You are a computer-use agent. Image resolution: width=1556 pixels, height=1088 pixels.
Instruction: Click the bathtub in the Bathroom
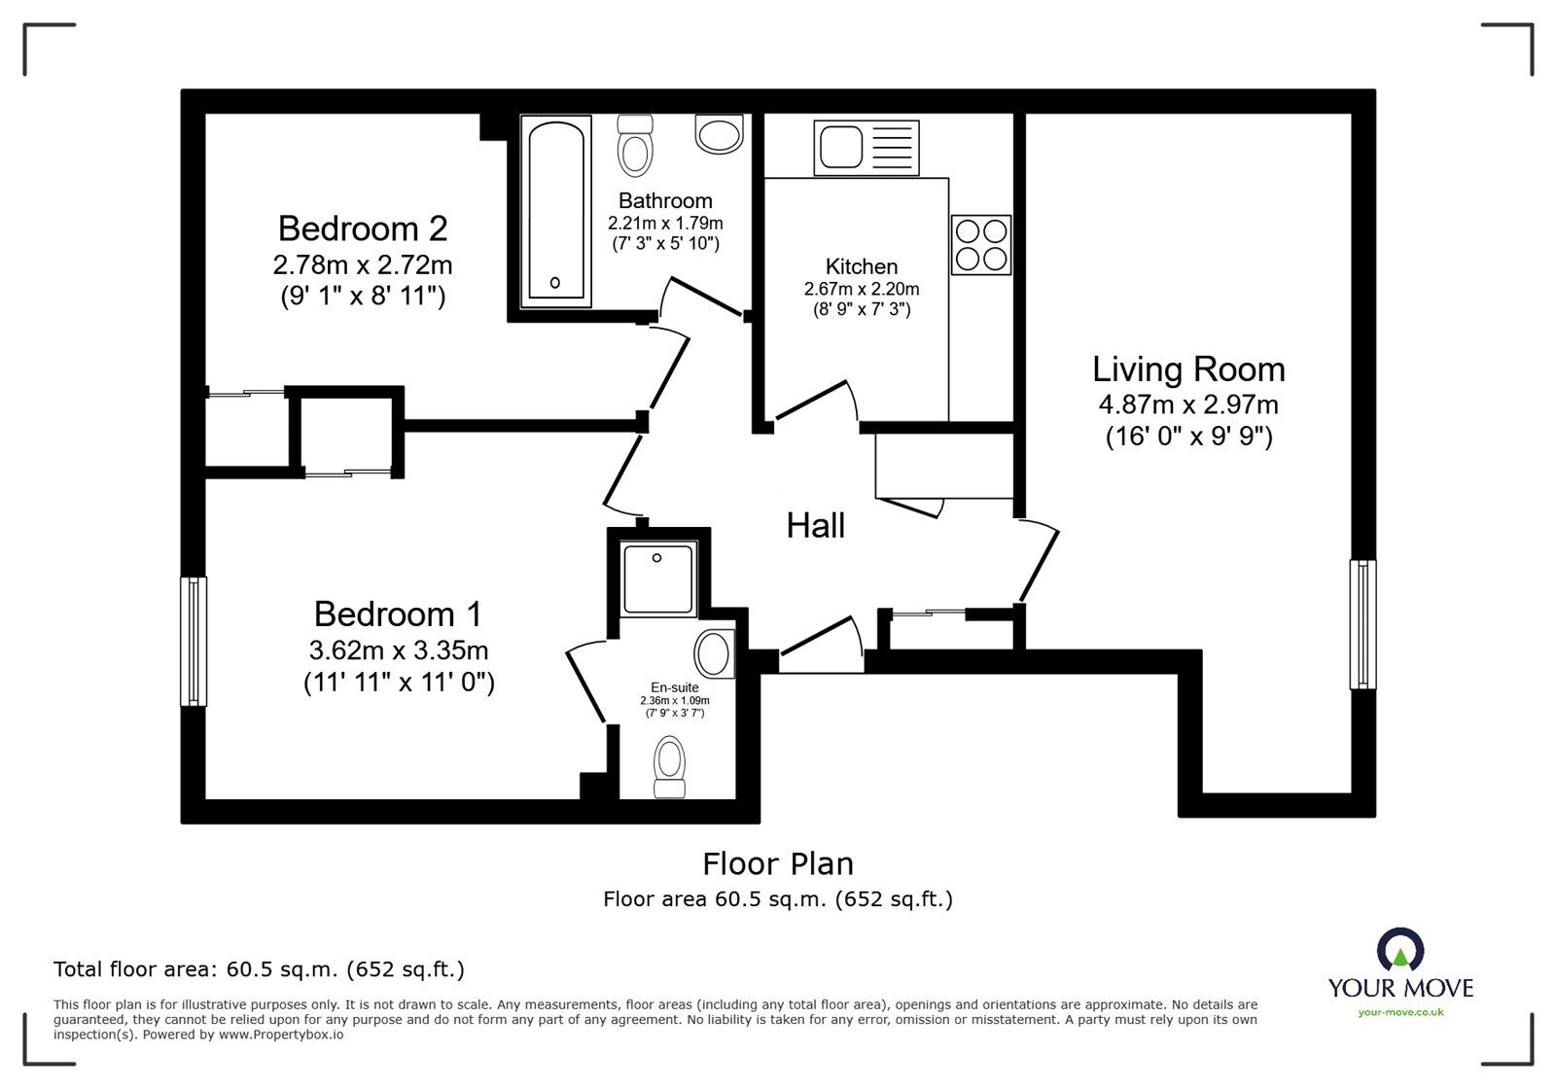(556, 210)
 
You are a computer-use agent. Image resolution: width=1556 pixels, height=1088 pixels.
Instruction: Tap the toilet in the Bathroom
(635, 145)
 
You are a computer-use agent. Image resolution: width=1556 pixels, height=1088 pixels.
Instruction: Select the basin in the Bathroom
(719, 134)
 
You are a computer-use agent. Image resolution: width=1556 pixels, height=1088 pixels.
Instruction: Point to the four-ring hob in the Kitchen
(981, 244)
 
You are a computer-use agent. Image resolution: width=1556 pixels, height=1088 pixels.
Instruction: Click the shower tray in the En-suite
(659, 579)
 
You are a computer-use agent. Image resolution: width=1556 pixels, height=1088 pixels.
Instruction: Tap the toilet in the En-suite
(669, 765)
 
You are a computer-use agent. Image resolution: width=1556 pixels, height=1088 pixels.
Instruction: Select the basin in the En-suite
(715, 652)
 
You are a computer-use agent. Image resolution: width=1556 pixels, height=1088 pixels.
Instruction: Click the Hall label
(815, 526)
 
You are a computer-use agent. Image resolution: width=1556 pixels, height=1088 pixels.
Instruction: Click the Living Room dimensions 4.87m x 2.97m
(1188, 404)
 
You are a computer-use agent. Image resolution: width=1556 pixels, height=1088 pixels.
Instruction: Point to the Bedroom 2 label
(363, 228)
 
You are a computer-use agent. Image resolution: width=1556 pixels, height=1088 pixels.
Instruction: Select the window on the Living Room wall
(1363, 624)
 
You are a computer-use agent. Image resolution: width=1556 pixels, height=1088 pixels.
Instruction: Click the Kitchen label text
(861, 266)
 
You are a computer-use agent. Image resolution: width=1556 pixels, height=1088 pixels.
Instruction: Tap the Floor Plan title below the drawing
(778, 863)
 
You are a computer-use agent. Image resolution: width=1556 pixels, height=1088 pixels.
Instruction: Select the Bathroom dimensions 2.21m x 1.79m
(665, 223)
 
